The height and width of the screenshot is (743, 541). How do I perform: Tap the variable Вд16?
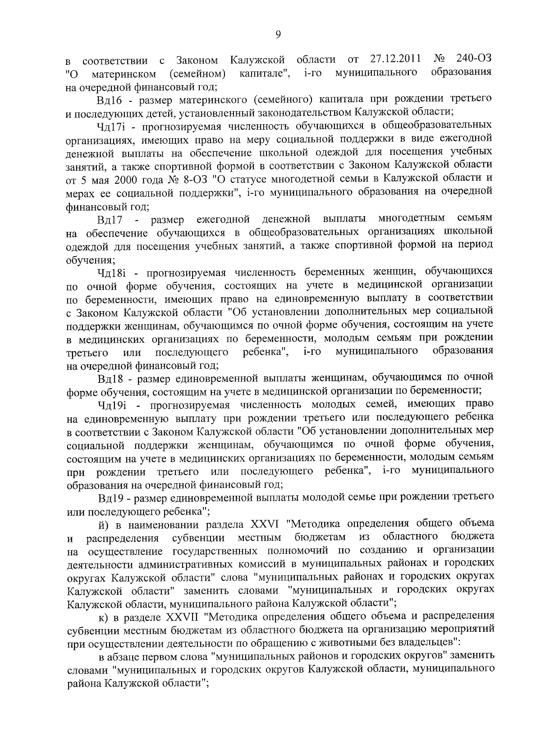tap(109, 99)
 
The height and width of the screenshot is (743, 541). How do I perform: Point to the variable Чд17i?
tap(110, 125)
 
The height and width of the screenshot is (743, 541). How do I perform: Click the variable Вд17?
tap(110, 220)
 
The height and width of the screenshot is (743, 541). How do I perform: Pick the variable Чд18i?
tap(110, 272)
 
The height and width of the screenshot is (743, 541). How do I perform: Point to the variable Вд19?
tap(110, 498)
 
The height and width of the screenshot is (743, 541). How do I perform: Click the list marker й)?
tap(103, 525)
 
